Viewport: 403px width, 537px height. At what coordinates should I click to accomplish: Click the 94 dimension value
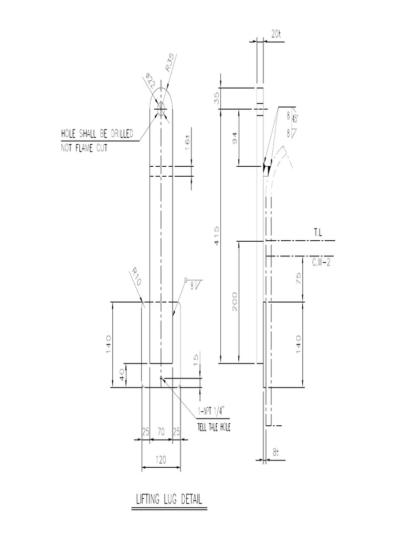(235, 138)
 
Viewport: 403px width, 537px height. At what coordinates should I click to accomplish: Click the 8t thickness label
(277, 452)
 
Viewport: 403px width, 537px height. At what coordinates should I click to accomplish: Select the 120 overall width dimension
(161, 460)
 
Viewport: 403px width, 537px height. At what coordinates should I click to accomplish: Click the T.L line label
(319, 231)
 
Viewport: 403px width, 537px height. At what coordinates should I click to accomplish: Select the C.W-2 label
(321, 262)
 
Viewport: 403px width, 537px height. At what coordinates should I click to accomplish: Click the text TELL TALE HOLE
(213, 427)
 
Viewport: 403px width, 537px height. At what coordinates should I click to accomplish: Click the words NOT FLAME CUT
(84, 148)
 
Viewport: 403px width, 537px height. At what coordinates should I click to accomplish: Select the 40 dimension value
(122, 375)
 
